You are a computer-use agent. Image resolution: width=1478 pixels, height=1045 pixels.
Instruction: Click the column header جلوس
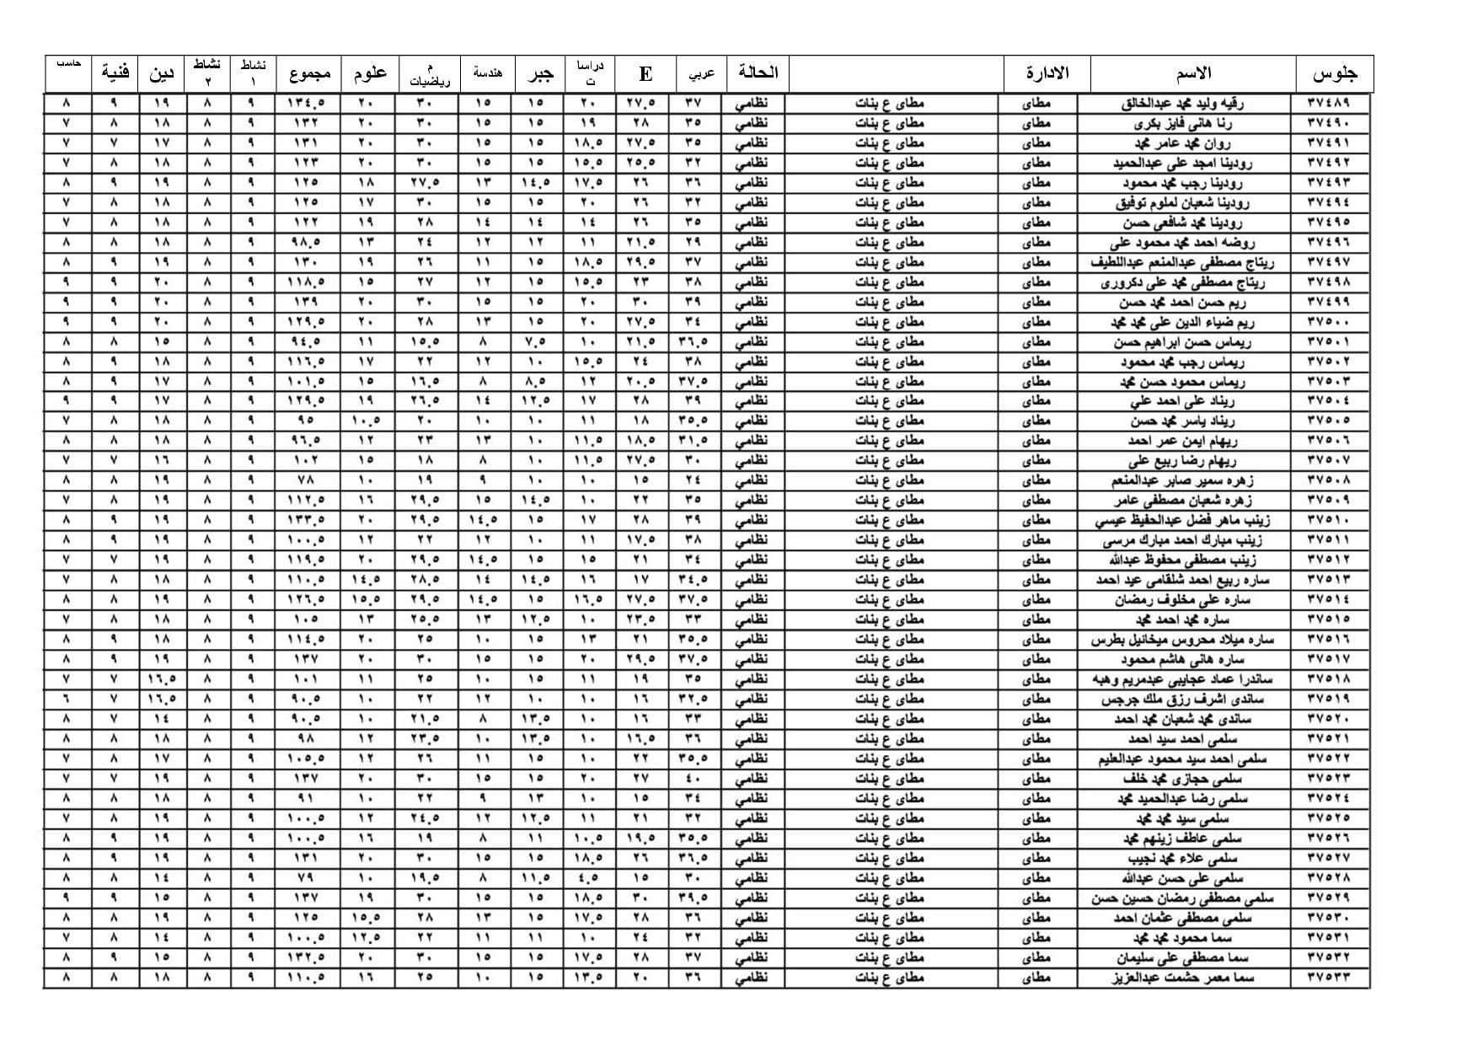click(1334, 74)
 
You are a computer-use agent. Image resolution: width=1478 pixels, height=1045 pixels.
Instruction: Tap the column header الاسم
click(1192, 73)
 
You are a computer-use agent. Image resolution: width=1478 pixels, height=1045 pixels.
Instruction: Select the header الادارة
click(1047, 73)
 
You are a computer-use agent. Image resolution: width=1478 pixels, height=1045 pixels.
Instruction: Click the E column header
click(645, 74)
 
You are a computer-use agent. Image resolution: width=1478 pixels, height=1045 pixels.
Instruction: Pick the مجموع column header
click(309, 73)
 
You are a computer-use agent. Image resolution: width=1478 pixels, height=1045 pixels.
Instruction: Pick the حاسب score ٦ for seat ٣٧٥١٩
click(67, 699)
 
